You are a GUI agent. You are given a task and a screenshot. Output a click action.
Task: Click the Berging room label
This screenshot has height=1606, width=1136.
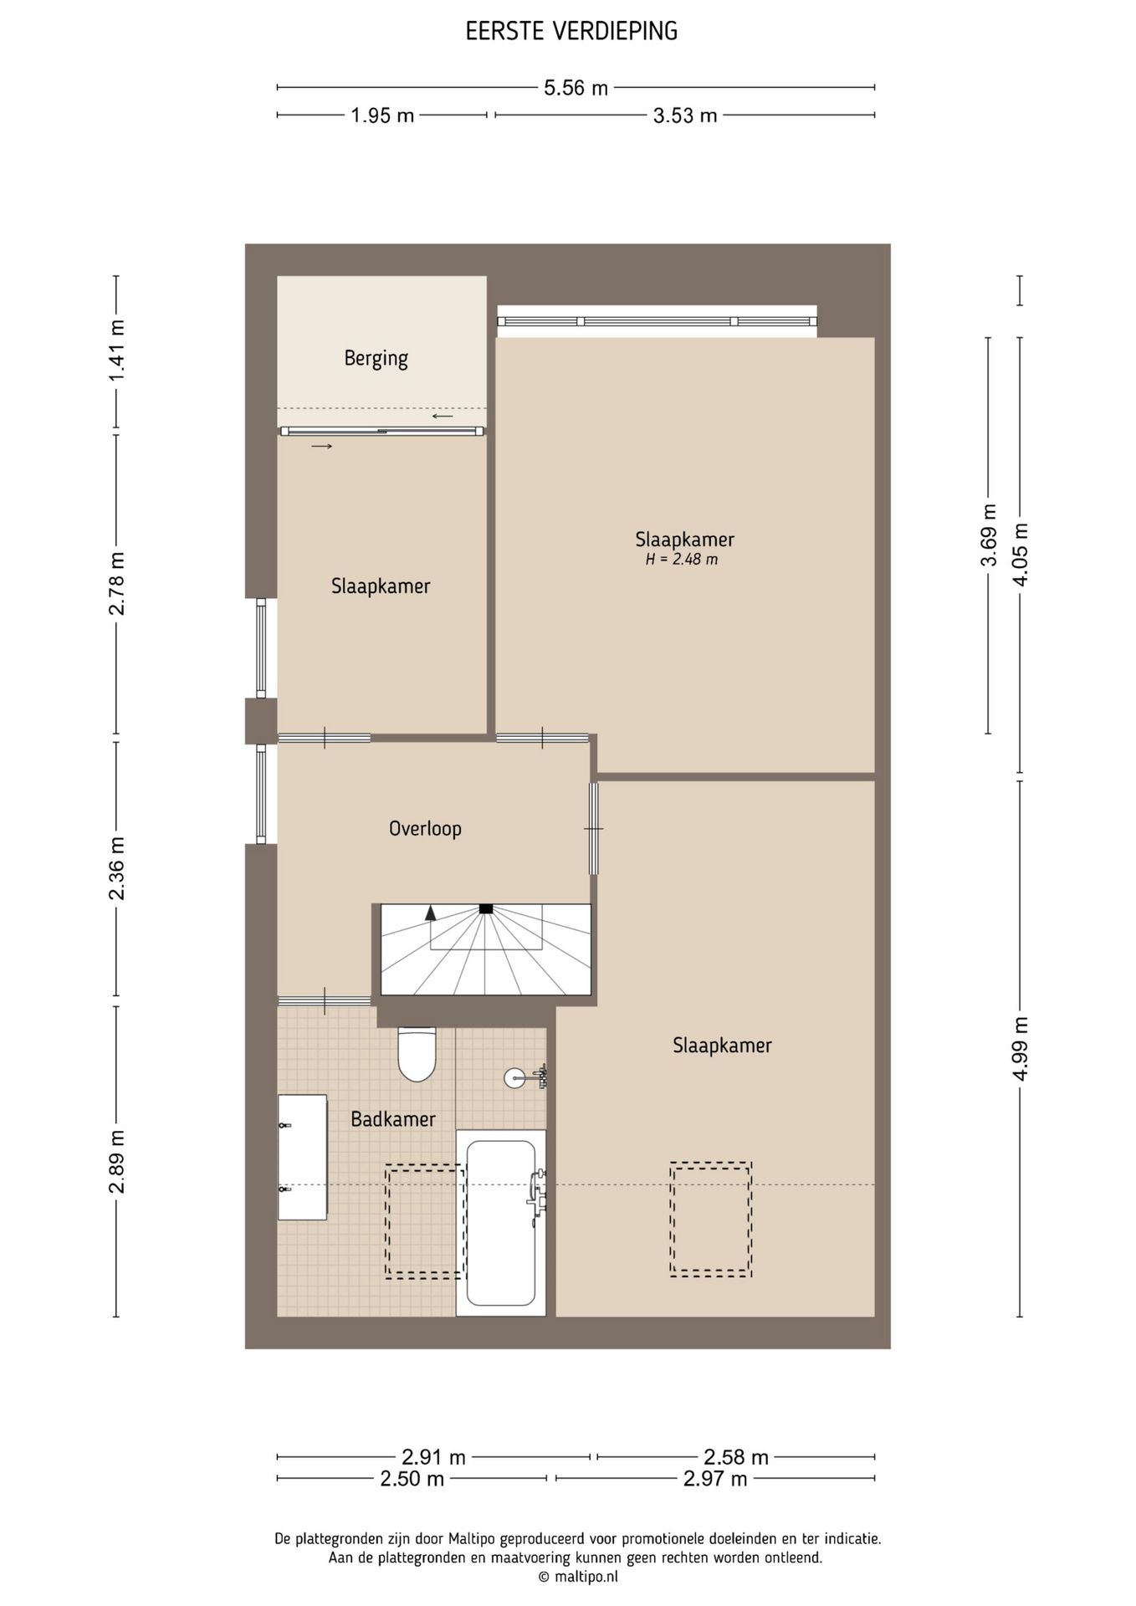[376, 359]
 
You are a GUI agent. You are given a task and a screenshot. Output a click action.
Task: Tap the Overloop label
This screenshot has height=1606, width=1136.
[425, 828]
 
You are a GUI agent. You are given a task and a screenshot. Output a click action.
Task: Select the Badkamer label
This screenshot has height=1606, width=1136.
[393, 1119]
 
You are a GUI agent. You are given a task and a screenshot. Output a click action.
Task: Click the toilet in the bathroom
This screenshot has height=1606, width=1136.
[417, 1055]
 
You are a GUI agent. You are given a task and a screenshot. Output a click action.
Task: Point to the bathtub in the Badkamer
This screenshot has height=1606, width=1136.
[501, 1222]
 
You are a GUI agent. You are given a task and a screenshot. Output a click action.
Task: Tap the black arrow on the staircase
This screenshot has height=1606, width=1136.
[431, 913]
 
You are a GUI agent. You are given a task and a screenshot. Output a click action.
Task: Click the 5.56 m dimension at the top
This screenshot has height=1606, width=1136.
[576, 88]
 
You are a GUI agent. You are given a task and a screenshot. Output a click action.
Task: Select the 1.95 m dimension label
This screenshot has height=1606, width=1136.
[382, 115]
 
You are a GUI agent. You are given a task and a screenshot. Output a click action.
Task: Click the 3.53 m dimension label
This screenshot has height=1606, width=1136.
[685, 115]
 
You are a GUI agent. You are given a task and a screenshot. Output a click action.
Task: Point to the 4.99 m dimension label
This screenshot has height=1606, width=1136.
[1021, 1048]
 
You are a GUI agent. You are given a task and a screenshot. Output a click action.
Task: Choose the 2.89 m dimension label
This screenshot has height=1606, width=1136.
[116, 1161]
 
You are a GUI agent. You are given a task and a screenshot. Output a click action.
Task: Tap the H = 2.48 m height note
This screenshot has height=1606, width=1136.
[682, 560]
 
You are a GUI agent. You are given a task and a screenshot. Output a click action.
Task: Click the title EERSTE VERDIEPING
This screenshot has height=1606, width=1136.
[571, 32]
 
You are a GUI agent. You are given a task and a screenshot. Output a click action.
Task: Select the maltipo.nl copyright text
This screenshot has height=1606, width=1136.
[578, 1577]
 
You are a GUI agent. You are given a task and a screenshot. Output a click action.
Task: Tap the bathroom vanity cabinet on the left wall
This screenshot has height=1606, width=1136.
[302, 1157]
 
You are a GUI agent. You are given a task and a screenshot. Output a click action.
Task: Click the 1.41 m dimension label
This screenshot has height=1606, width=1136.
[116, 351]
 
